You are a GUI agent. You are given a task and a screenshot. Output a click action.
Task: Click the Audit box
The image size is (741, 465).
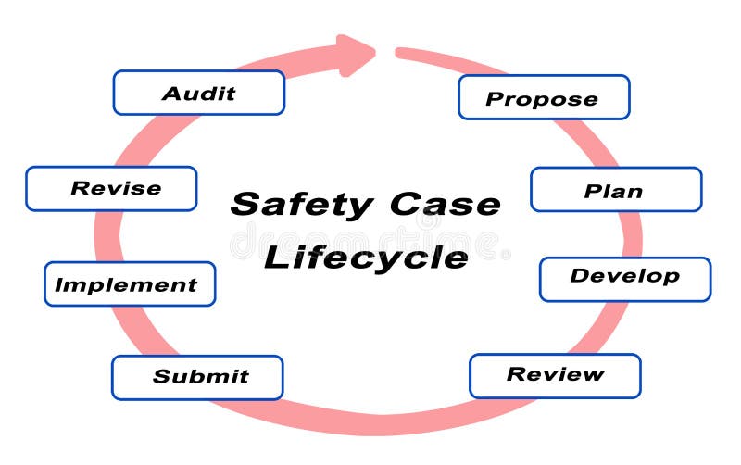[198, 93]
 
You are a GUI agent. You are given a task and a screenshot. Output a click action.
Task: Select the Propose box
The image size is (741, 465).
[544, 97]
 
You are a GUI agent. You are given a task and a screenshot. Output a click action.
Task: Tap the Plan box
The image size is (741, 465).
[616, 190]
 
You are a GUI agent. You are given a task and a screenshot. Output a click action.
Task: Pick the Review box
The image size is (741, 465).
[555, 375]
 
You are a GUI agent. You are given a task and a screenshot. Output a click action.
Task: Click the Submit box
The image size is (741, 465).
[197, 377]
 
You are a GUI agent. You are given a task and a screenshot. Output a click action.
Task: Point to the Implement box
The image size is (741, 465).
[130, 284]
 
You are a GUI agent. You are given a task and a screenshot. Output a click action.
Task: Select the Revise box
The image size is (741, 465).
[111, 189]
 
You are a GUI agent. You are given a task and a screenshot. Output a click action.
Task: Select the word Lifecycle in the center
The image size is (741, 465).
[366, 257]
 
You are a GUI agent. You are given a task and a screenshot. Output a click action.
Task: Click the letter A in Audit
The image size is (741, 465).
[170, 94]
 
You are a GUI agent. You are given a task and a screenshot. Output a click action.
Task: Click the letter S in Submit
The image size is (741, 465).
[160, 377]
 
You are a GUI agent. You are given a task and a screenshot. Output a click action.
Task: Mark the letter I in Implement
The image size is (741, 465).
[58, 285]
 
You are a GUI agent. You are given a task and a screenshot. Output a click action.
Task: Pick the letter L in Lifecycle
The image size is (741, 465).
[274, 256]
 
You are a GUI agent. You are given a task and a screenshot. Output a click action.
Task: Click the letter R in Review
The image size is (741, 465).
[515, 375]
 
